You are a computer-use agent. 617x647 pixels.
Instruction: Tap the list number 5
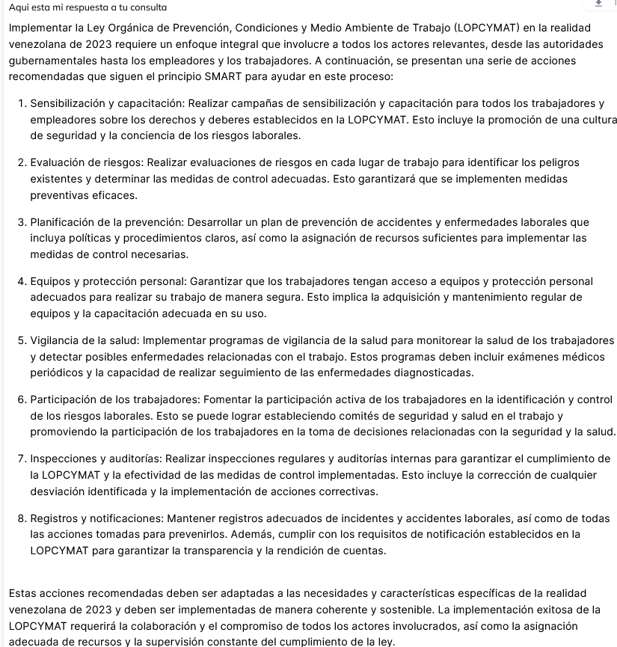click(x=22, y=340)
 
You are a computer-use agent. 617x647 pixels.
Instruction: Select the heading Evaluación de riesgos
click(x=86, y=162)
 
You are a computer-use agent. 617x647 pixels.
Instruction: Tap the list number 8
click(x=22, y=518)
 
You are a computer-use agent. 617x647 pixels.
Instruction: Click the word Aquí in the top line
click(x=20, y=7)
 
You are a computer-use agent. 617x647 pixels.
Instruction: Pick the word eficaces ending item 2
click(x=115, y=195)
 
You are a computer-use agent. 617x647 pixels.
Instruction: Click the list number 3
click(x=22, y=222)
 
